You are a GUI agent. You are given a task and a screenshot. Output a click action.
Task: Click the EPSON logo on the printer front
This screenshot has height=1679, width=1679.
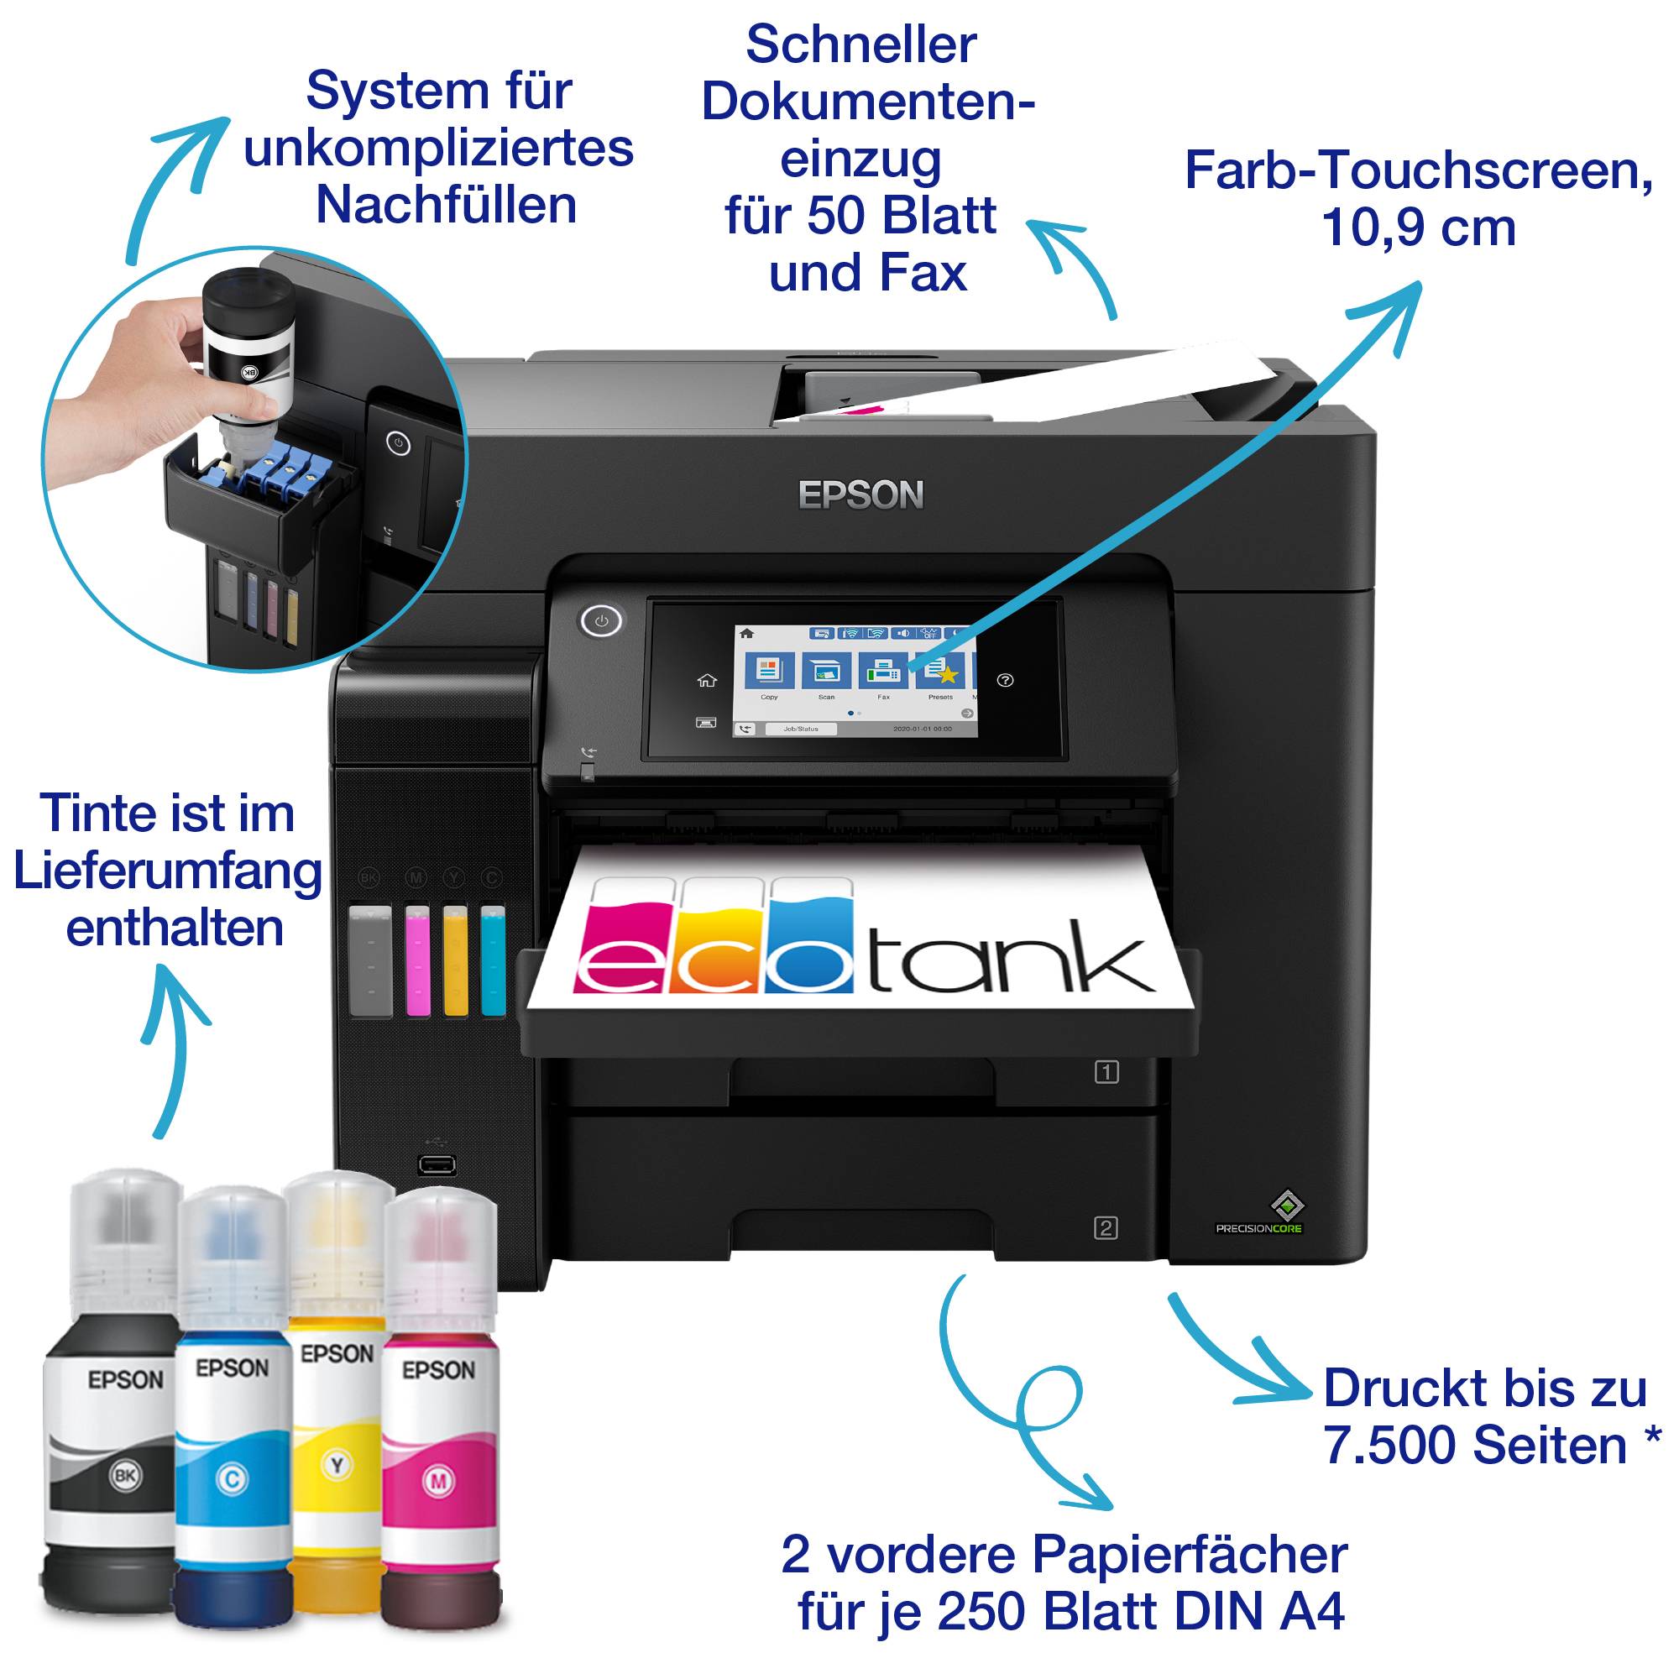tap(860, 495)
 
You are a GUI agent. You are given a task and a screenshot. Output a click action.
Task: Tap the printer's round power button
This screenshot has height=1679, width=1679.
tap(600, 621)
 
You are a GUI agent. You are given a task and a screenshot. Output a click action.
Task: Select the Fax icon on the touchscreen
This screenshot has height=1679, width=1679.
tap(883, 670)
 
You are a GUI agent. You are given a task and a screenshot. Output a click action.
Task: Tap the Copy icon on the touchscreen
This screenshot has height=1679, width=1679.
tap(769, 670)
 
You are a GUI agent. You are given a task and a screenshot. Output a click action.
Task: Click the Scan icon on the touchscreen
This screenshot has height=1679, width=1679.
tap(825, 670)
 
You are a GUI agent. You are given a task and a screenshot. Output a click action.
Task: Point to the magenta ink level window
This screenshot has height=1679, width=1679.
tap(417, 960)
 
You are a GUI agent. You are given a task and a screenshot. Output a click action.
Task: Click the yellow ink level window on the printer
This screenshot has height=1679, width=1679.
tap(455, 960)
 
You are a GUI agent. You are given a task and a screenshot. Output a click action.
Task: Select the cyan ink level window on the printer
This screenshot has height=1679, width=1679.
tap(493, 960)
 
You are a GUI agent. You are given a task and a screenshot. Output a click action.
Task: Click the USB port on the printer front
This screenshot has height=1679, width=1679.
tap(437, 1164)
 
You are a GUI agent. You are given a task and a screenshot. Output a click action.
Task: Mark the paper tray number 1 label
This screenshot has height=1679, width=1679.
tap(1106, 1072)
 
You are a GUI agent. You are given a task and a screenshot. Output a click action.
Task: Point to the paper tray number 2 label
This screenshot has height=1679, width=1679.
tap(1106, 1228)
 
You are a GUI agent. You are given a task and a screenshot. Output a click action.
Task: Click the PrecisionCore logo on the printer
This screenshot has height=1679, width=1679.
tap(1259, 1216)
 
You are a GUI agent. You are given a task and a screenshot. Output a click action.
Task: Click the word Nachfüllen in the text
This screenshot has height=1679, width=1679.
tap(446, 205)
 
